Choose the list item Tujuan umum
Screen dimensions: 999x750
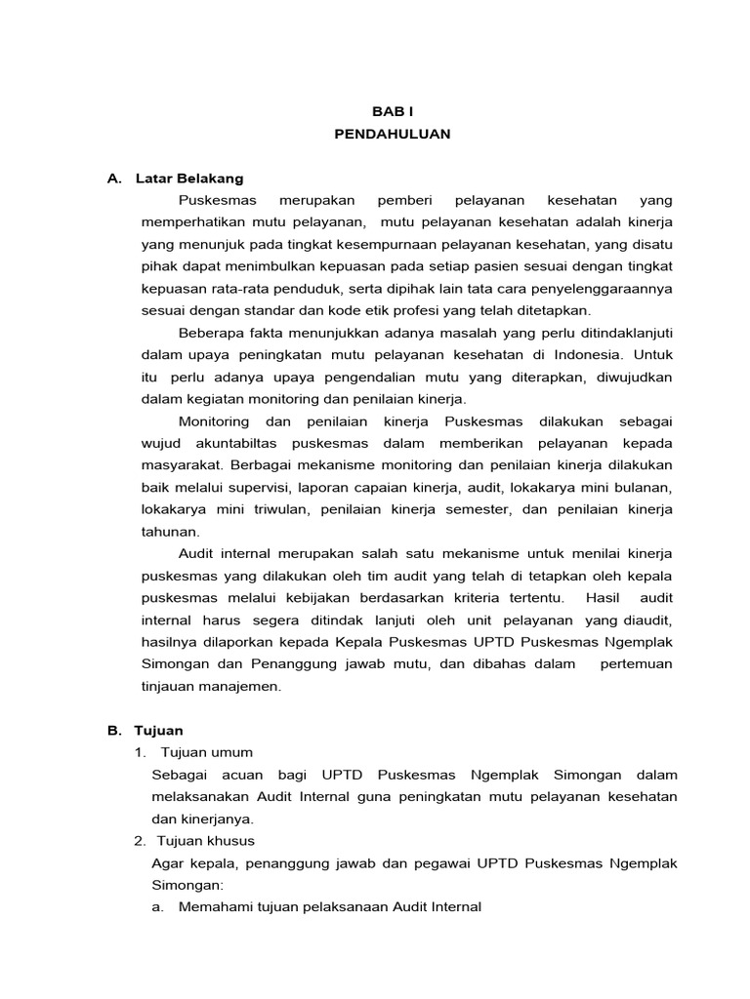(x=206, y=752)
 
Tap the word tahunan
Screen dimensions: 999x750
(x=170, y=532)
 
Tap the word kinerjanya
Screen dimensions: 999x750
(x=215, y=819)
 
